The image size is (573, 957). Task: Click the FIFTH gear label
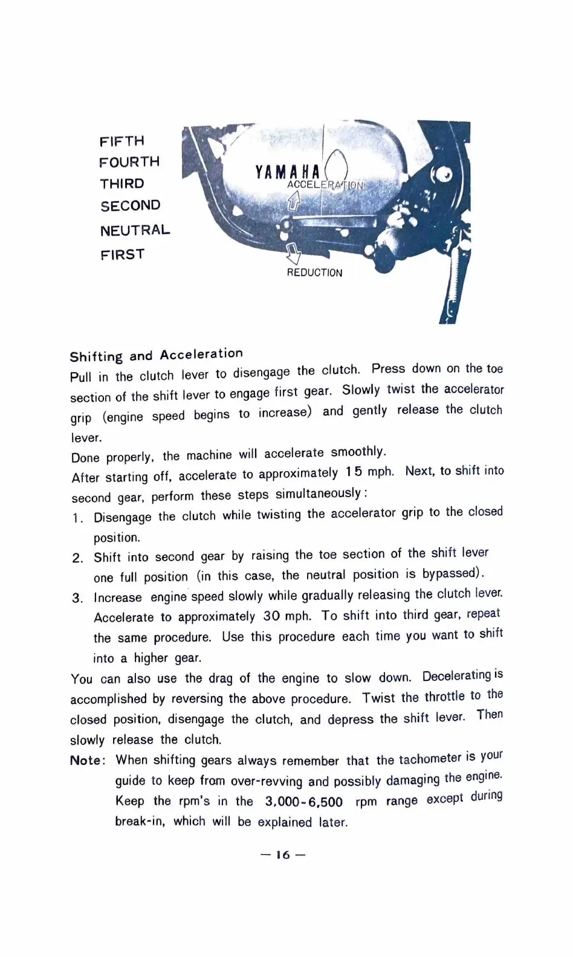[122, 141]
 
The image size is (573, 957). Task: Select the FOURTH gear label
[129, 163]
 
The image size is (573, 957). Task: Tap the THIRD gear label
[122, 184]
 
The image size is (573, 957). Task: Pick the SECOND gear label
[131, 206]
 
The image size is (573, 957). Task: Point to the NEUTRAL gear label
[135, 230]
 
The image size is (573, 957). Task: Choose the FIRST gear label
[123, 254]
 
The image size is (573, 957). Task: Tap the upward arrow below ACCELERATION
[294, 201]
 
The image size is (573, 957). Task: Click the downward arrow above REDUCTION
[294, 253]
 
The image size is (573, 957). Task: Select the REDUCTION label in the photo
[314, 273]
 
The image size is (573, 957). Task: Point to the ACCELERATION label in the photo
[326, 184]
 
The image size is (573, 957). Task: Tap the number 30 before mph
[271, 617]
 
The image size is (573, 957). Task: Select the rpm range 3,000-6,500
[304, 802]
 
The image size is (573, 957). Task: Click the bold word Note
[87, 761]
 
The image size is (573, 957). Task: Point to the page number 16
[283, 855]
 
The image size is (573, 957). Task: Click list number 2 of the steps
[77, 558]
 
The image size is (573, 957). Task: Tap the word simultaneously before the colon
[319, 494]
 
